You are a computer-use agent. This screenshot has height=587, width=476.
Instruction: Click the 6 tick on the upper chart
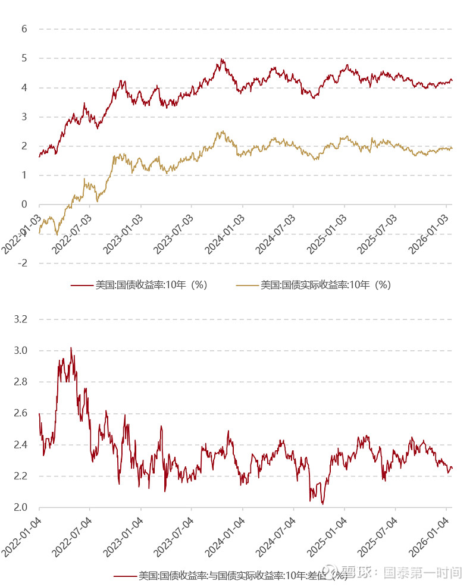[x=24, y=29]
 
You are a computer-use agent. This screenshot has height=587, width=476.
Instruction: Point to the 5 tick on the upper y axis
[x=24, y=58]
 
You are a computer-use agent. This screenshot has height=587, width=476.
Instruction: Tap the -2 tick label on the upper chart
[x=22, y=263]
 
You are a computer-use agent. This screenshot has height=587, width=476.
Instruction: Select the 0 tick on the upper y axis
[x=24, y=205]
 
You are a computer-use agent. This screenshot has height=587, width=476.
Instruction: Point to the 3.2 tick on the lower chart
[x=21, y=319]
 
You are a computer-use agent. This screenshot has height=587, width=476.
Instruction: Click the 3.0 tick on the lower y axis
[x=21, y=351]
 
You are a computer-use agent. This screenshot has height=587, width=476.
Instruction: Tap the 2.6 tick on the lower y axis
[x=21, y=413]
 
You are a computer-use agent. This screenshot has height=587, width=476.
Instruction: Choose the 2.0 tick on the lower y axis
[x=21, y=507]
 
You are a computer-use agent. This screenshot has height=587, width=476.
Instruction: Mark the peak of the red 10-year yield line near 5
[x=221, y=59]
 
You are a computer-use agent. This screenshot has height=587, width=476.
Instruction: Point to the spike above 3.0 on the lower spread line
[x=71, y=348]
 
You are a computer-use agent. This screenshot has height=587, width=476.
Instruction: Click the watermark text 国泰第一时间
[x=422, y=573]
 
